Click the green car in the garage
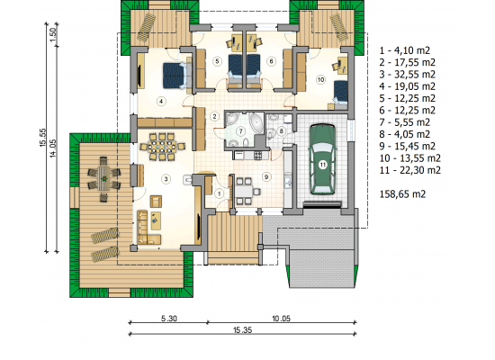click(x=322, y=158)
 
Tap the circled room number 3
click(x=166, y=179)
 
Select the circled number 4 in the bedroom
click(x=161, y=102)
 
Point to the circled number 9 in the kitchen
click(x=266, y=176)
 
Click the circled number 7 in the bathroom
click(x=241, y=130)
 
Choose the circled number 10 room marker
click(x=320, y=79)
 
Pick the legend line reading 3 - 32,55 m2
click(x=407, y=75)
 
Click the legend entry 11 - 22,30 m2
click(x=410, y=170)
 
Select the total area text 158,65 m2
click(x=402, y=193)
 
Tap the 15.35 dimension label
click(x=243, y=330)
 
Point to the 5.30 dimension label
click(x=169, y=319)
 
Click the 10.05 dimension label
click(x=281, y=319)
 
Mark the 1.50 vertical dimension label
click(x=53, y=34)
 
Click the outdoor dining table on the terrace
click(x=103, y=179)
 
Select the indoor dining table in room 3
click(x=162, y=147)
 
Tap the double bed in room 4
click(x=175, y=76)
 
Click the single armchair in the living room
click(x=156, y=202)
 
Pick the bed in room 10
click(x=340, y=94)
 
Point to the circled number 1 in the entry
click(x=219, y=193)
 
